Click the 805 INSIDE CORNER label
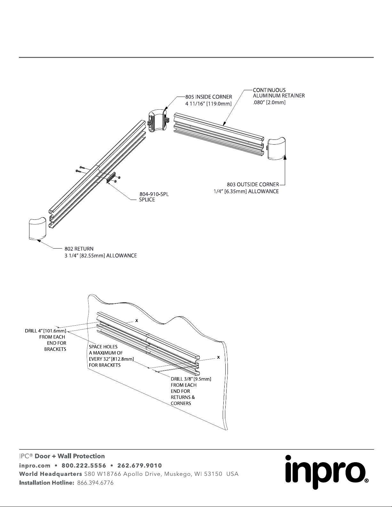click(209, 97)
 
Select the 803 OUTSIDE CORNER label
click(253, 184)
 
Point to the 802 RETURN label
click(79, 249)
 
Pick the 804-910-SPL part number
click(154, 194)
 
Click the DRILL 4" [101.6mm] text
click(45, 331)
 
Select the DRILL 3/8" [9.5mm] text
click(191, 379)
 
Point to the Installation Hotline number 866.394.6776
click(94, 483)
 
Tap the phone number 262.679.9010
click(140, 465)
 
